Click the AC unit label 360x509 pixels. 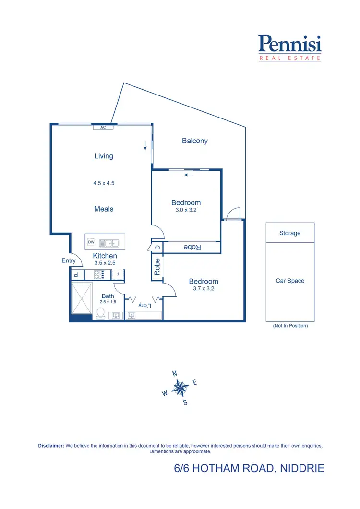pyautogui.click(x=103, y=127)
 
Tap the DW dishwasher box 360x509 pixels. pyautogui.click(x=91, y=242)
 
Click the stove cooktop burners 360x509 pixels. pyautogui.click(x=99, y=274)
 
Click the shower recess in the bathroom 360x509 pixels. pyautogui.click(x=81, y=298)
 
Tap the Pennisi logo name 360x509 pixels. pyautogui.click(x=289, y=44)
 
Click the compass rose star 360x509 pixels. pyautogui.click(x=180, y=387)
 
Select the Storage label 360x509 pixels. pyautogui.click(x=290, y=233)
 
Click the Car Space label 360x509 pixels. pyautogui.click(x=290, y=281)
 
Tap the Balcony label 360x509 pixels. pyautogui.click(x=195, y=141)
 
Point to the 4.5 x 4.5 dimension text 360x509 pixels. pyautogui.click(x=104, y=183)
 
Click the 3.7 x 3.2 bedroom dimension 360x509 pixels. pyautogui.click(x=204, y=289)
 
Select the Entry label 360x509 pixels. pyautogui.click(x=69, y=260)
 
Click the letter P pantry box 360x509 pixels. pyautogui.click(x=76, y=274)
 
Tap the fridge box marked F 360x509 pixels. pyautogui.click(x=118, y=274)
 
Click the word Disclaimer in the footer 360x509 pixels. pyautogui.click(x=51, y=446)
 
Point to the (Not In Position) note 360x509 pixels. pyautogui.click(x=290, y=326)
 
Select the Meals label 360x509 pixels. pyautogui.click(x=104, y=209)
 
